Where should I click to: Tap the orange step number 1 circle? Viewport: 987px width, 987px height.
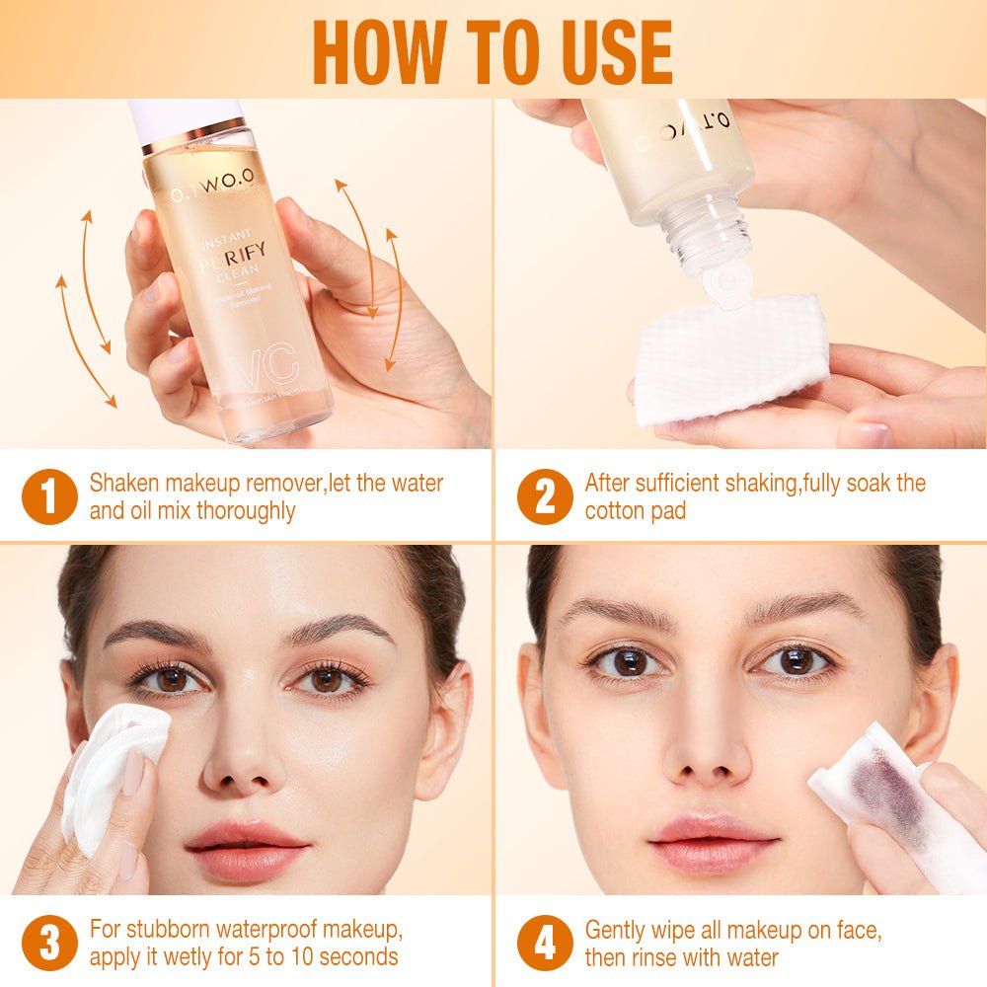[x=48, y=496]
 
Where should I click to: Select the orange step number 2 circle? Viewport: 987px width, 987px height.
[x=544, y=496]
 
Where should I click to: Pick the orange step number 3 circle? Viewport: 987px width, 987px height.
[x=48, y=943]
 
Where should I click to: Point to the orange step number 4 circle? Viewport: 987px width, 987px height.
[x=544, y=943]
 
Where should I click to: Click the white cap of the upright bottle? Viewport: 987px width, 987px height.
[x=186, y=115]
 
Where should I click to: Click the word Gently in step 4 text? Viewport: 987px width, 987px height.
[x=617, y=930]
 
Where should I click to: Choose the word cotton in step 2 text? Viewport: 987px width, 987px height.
[x=615, y=510]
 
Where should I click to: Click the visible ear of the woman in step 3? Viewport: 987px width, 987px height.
[x=446, y=730]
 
